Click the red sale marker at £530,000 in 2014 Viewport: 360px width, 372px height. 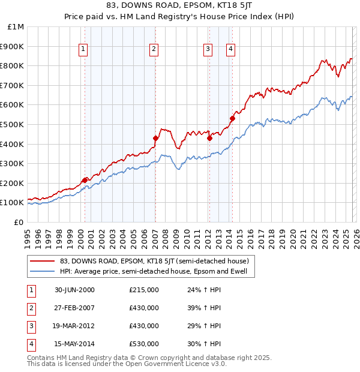pos(232,118)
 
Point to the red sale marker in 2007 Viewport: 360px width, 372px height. pos(155,138)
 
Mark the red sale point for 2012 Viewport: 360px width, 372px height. pos(209,138)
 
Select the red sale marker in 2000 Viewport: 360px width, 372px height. pos(85,180)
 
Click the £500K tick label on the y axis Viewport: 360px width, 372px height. pos(12,124)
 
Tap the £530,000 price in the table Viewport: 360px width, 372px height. pos(144,344)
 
